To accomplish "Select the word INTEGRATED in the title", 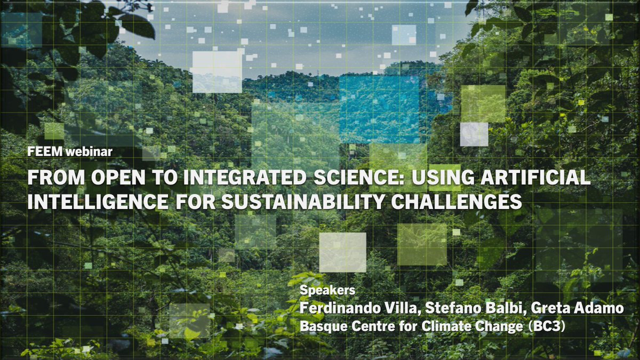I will click(x=252, y=178).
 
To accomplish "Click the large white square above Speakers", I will click(x=342, y=252).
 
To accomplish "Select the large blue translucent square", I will click(x=379, y=109).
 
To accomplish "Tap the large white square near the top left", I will click(x=217, y=72).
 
